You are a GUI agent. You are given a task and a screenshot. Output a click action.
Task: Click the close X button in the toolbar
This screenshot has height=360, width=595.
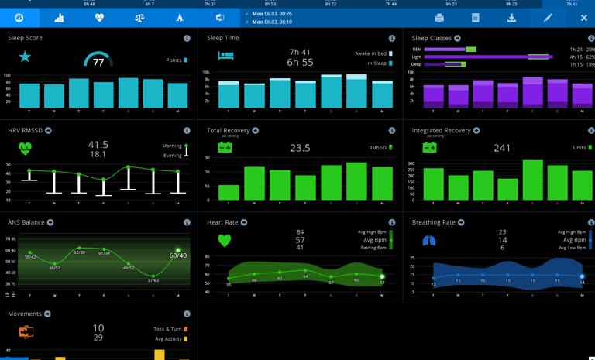tap(584, 18)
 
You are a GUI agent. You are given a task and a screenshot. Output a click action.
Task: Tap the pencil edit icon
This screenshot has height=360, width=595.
tap(548, 18)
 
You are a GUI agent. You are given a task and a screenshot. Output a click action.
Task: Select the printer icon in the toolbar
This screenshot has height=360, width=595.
tap(439, 18)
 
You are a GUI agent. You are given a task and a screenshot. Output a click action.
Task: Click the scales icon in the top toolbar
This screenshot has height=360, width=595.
tap(139, 18)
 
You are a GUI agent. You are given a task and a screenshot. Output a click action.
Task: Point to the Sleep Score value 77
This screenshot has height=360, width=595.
tap(98, 63)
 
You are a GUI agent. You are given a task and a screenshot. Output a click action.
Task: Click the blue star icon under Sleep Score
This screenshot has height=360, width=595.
tap(25, 57)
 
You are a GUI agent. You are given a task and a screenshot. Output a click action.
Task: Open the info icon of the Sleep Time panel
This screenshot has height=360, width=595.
tap(392, 38)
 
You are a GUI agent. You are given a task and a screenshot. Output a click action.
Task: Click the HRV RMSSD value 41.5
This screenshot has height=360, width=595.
tap(98, 145)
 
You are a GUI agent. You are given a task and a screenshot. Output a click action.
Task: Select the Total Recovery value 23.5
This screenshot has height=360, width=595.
tap(300, 148)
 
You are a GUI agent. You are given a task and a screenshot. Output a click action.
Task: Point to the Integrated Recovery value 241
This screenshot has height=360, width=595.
tap(502, 148)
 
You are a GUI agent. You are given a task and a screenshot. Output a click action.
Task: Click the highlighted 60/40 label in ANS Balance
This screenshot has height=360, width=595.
tap(178, 255)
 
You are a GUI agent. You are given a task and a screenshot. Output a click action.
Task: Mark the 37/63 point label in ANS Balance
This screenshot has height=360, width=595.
tap(153, 280)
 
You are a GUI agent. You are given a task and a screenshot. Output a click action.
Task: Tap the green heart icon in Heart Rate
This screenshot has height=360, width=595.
tap(225, 241)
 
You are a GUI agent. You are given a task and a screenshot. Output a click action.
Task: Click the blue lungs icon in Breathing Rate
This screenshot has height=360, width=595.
tap(428, 241)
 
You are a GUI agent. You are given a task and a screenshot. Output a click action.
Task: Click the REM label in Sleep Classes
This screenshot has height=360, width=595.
tap(417, 50)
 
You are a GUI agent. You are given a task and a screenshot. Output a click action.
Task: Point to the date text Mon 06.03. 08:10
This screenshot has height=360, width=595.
tap(271, 22)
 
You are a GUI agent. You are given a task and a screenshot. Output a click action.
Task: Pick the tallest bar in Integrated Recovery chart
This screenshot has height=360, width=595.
tap(533, 180)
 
